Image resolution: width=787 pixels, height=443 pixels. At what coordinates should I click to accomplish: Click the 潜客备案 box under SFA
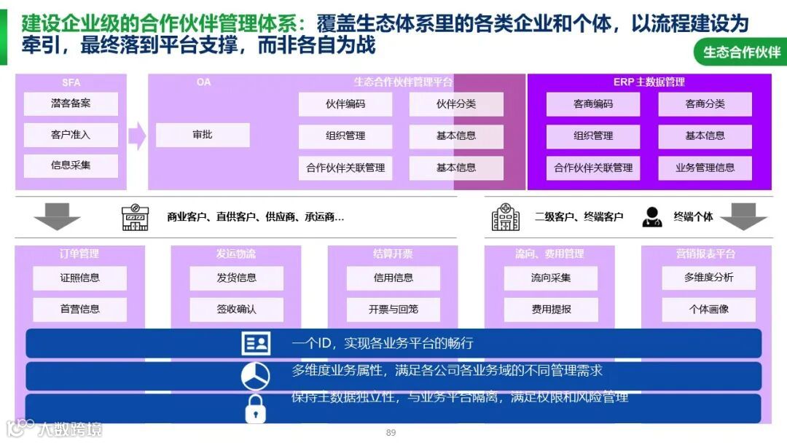tap(71, 103)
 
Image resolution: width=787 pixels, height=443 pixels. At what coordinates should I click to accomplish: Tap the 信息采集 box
tap(71, 165)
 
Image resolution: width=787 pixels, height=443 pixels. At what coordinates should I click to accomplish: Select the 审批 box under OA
tap(203, 135)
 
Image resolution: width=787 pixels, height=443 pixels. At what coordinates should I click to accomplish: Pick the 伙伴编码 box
tap(345, 104)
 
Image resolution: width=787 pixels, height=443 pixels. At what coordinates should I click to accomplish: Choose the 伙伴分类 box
tap(456, 104)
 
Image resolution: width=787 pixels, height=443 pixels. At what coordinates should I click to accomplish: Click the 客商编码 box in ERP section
tap(593, 104)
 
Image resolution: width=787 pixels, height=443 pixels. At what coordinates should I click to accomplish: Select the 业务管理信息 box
tap(705, 168)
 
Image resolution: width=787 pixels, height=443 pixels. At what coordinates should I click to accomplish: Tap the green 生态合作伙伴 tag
tap(741, 52)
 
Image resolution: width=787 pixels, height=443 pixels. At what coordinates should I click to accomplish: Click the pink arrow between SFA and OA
tap(137, 136)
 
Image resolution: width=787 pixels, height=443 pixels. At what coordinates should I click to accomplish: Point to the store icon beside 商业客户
tap(135, 216)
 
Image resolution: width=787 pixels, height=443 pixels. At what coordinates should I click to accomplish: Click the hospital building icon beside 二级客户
tap(506, 216)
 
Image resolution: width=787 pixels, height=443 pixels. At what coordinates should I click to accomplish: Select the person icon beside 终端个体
tap(651, 217)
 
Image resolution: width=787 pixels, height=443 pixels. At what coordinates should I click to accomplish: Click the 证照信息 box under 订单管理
tap(79, 278)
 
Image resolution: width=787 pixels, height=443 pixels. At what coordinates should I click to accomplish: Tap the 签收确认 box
tap(236, 309)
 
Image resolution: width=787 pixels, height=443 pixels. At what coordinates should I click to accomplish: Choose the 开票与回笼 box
tap(393, 309)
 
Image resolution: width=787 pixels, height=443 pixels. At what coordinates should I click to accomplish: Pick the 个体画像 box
tap(708, 309)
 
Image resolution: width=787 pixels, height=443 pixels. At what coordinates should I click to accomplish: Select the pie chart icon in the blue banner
tap(255, 376)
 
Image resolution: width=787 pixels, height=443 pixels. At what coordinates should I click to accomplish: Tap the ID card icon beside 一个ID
tap(256, 343)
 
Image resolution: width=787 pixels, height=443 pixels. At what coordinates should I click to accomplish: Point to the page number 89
tap(391, 433)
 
